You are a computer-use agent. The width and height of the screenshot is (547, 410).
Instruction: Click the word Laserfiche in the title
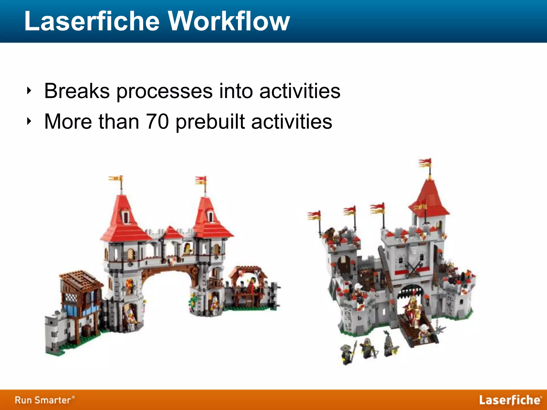(92, 21)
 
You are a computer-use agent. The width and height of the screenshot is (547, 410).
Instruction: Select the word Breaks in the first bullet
(77, 91)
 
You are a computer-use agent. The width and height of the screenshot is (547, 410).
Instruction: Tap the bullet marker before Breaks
(29, 91)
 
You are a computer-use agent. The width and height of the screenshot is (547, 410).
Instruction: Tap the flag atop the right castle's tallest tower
(425, 163)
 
